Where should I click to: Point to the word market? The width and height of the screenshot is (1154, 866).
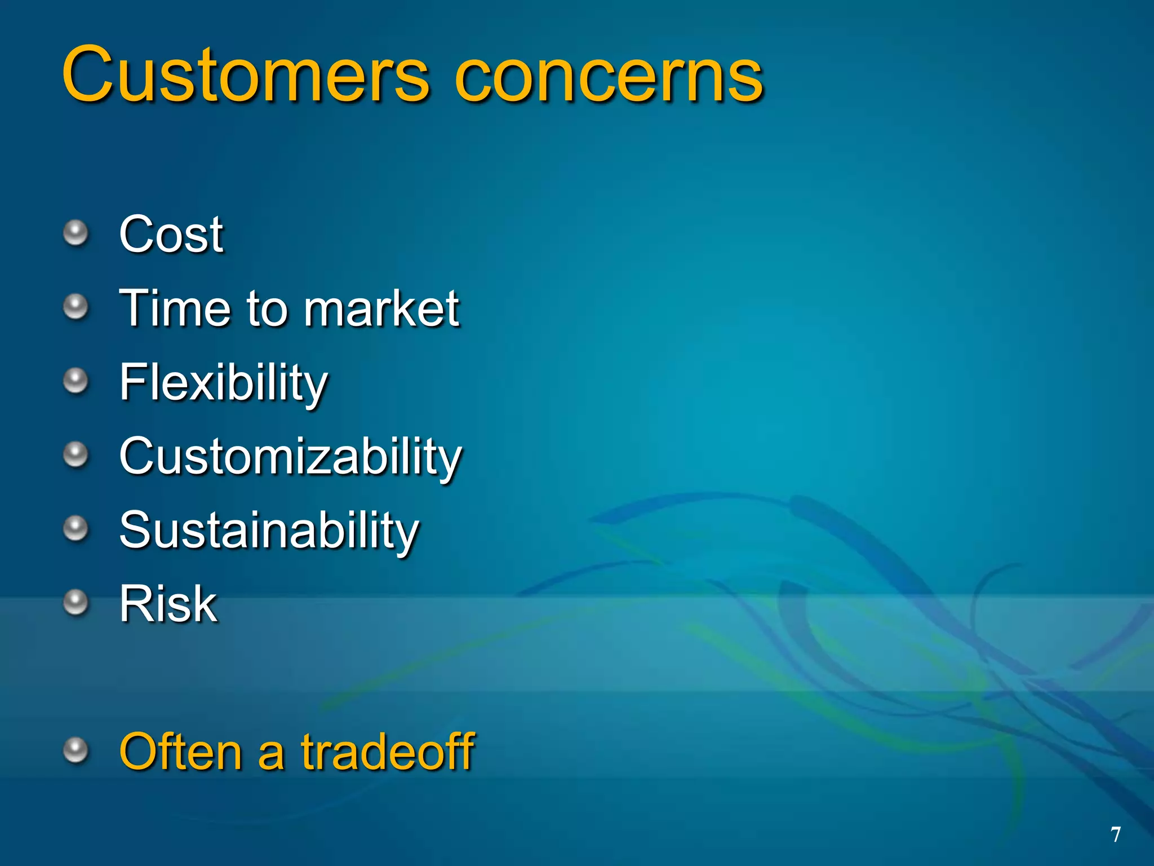[381, 309]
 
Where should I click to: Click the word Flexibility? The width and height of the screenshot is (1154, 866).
[224, 383]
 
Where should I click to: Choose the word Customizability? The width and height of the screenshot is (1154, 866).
[291, 457]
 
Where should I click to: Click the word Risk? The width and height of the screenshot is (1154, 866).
[168, 604]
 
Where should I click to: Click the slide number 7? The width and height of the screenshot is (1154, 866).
[1115, 835]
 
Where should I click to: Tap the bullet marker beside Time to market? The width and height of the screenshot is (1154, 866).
[76, 307]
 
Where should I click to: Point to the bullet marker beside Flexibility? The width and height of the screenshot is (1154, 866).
[76, 381]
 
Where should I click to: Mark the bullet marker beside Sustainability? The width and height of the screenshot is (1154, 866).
[76, 528]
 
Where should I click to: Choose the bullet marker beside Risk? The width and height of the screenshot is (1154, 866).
[76, 603]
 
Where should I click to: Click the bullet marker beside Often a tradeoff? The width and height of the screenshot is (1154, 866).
[76, 750]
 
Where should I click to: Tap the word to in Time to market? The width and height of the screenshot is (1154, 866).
[267, 309]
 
